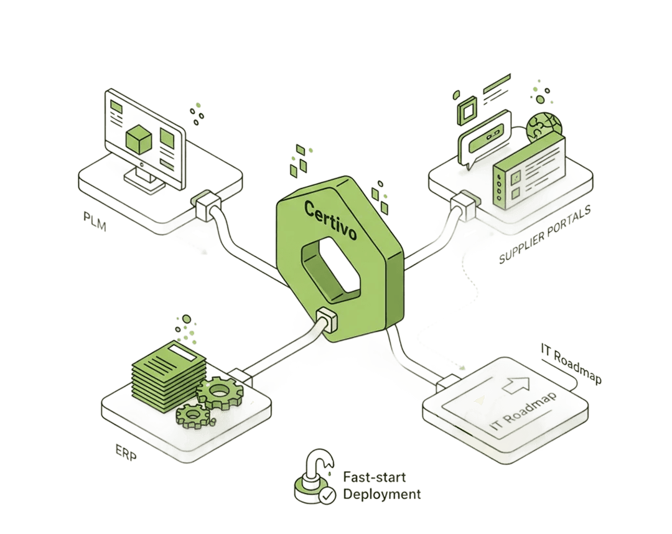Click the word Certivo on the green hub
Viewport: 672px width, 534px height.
[330, 220]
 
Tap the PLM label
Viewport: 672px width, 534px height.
[95, 221]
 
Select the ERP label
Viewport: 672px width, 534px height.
[126, 452]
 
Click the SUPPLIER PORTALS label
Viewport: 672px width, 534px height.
[545, 234]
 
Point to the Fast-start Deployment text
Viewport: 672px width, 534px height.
[382, 485]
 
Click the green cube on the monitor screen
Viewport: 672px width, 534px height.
[139, 139]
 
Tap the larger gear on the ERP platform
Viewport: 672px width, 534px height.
[220, 391]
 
